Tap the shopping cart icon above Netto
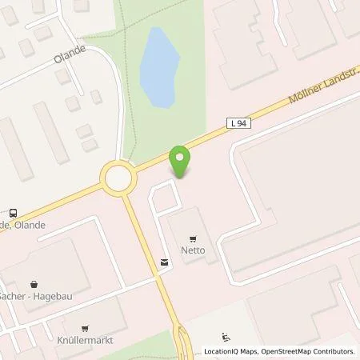[194, 238]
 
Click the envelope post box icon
[164, 262]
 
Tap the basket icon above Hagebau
[34, 283]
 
